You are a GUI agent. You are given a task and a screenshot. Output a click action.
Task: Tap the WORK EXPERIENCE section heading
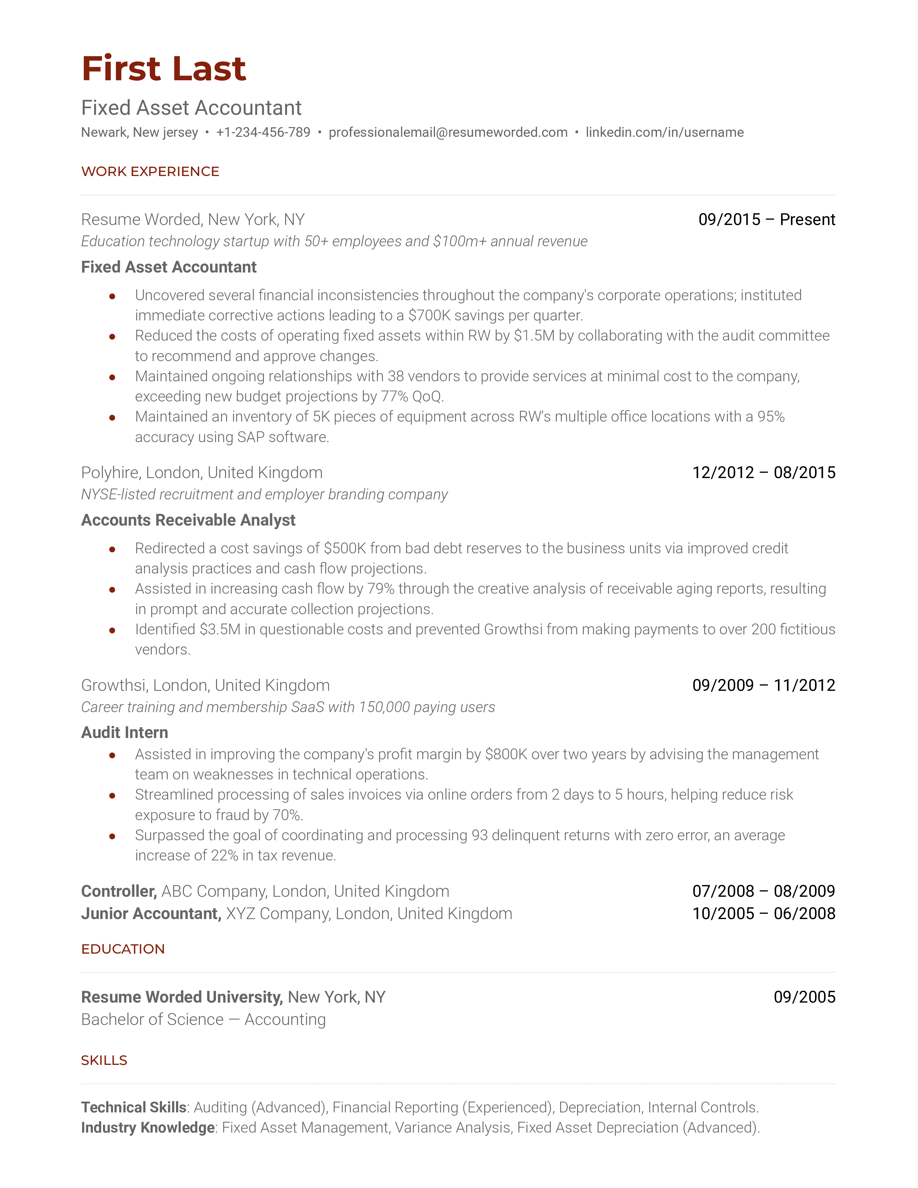[x=150, y=171]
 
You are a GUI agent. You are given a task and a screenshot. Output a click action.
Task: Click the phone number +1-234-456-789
[x=263, y=132]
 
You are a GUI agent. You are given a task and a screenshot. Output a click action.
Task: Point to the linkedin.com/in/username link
[x=664, y=132]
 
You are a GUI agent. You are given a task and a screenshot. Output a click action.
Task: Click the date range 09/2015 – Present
[x=766, y=219]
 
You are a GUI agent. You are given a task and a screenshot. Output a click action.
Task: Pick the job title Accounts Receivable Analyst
[x=188, y=520]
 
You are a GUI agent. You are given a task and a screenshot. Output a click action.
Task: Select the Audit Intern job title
[x=125, y=732]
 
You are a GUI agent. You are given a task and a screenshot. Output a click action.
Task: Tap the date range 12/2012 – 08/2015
[x=764, y=472]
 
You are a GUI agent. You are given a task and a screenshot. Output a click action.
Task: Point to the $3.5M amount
[x=220, y=629]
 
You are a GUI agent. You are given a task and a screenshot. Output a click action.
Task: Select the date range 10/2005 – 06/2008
[x=764, y=913]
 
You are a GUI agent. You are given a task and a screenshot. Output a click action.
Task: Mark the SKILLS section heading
[x=104, y=1060]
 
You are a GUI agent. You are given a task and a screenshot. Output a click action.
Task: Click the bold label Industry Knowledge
[x=147, y=1128]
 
